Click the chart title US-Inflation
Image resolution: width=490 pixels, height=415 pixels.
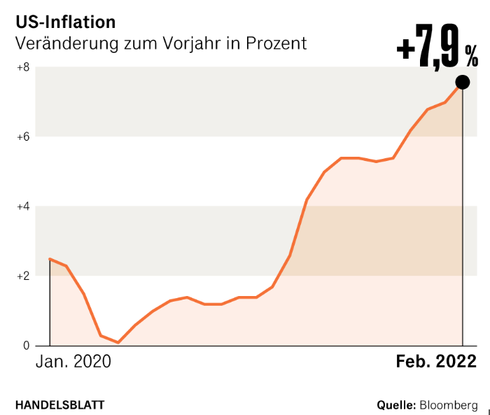[66, 22]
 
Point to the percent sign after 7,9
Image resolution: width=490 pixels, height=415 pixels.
[471, 53]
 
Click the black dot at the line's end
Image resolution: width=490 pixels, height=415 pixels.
[463, 81]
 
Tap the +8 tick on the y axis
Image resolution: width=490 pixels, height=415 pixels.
[22, 67]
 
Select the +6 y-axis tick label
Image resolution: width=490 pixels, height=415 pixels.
[22, 136]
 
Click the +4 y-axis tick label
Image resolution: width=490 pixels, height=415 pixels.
[22, 206]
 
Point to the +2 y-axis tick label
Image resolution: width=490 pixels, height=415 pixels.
[22, 276]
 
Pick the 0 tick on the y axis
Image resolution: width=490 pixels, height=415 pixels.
[26, 346]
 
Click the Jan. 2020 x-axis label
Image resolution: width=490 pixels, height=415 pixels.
[73, 362]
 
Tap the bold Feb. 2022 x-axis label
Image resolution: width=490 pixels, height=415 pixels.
[436, 362]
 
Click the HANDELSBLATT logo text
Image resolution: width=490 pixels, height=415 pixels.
[60, 405]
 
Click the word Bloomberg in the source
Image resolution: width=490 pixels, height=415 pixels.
[449, 405]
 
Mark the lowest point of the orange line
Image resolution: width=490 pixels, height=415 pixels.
[118, 342]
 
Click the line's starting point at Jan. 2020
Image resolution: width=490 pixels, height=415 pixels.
[50, 259]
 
